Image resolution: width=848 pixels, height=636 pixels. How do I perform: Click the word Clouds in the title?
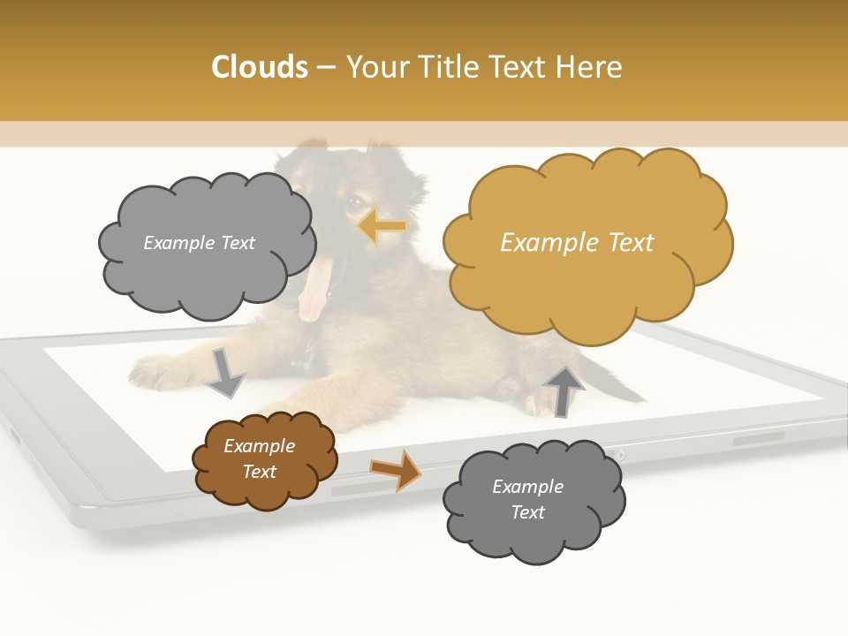click(x=259, y=67)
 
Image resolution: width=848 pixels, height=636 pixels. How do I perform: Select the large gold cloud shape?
click(x=587, y=243)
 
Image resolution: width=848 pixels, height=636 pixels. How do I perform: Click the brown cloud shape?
click(x=264, y=460)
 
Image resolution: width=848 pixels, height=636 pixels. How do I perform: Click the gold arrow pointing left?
click(x=382, y=227)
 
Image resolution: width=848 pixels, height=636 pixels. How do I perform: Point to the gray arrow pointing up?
click(x=564, y=390)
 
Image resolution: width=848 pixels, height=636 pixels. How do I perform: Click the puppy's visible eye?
click(x=355, y=202)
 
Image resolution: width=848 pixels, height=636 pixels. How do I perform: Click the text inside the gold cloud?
click(x=577, y=243)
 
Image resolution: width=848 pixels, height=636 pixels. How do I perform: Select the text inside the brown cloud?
click(x=259, y=459)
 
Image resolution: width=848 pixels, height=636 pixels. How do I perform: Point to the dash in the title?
click(x=325, y=68)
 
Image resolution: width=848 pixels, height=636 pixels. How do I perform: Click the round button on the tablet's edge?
click(x=620, y=455)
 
